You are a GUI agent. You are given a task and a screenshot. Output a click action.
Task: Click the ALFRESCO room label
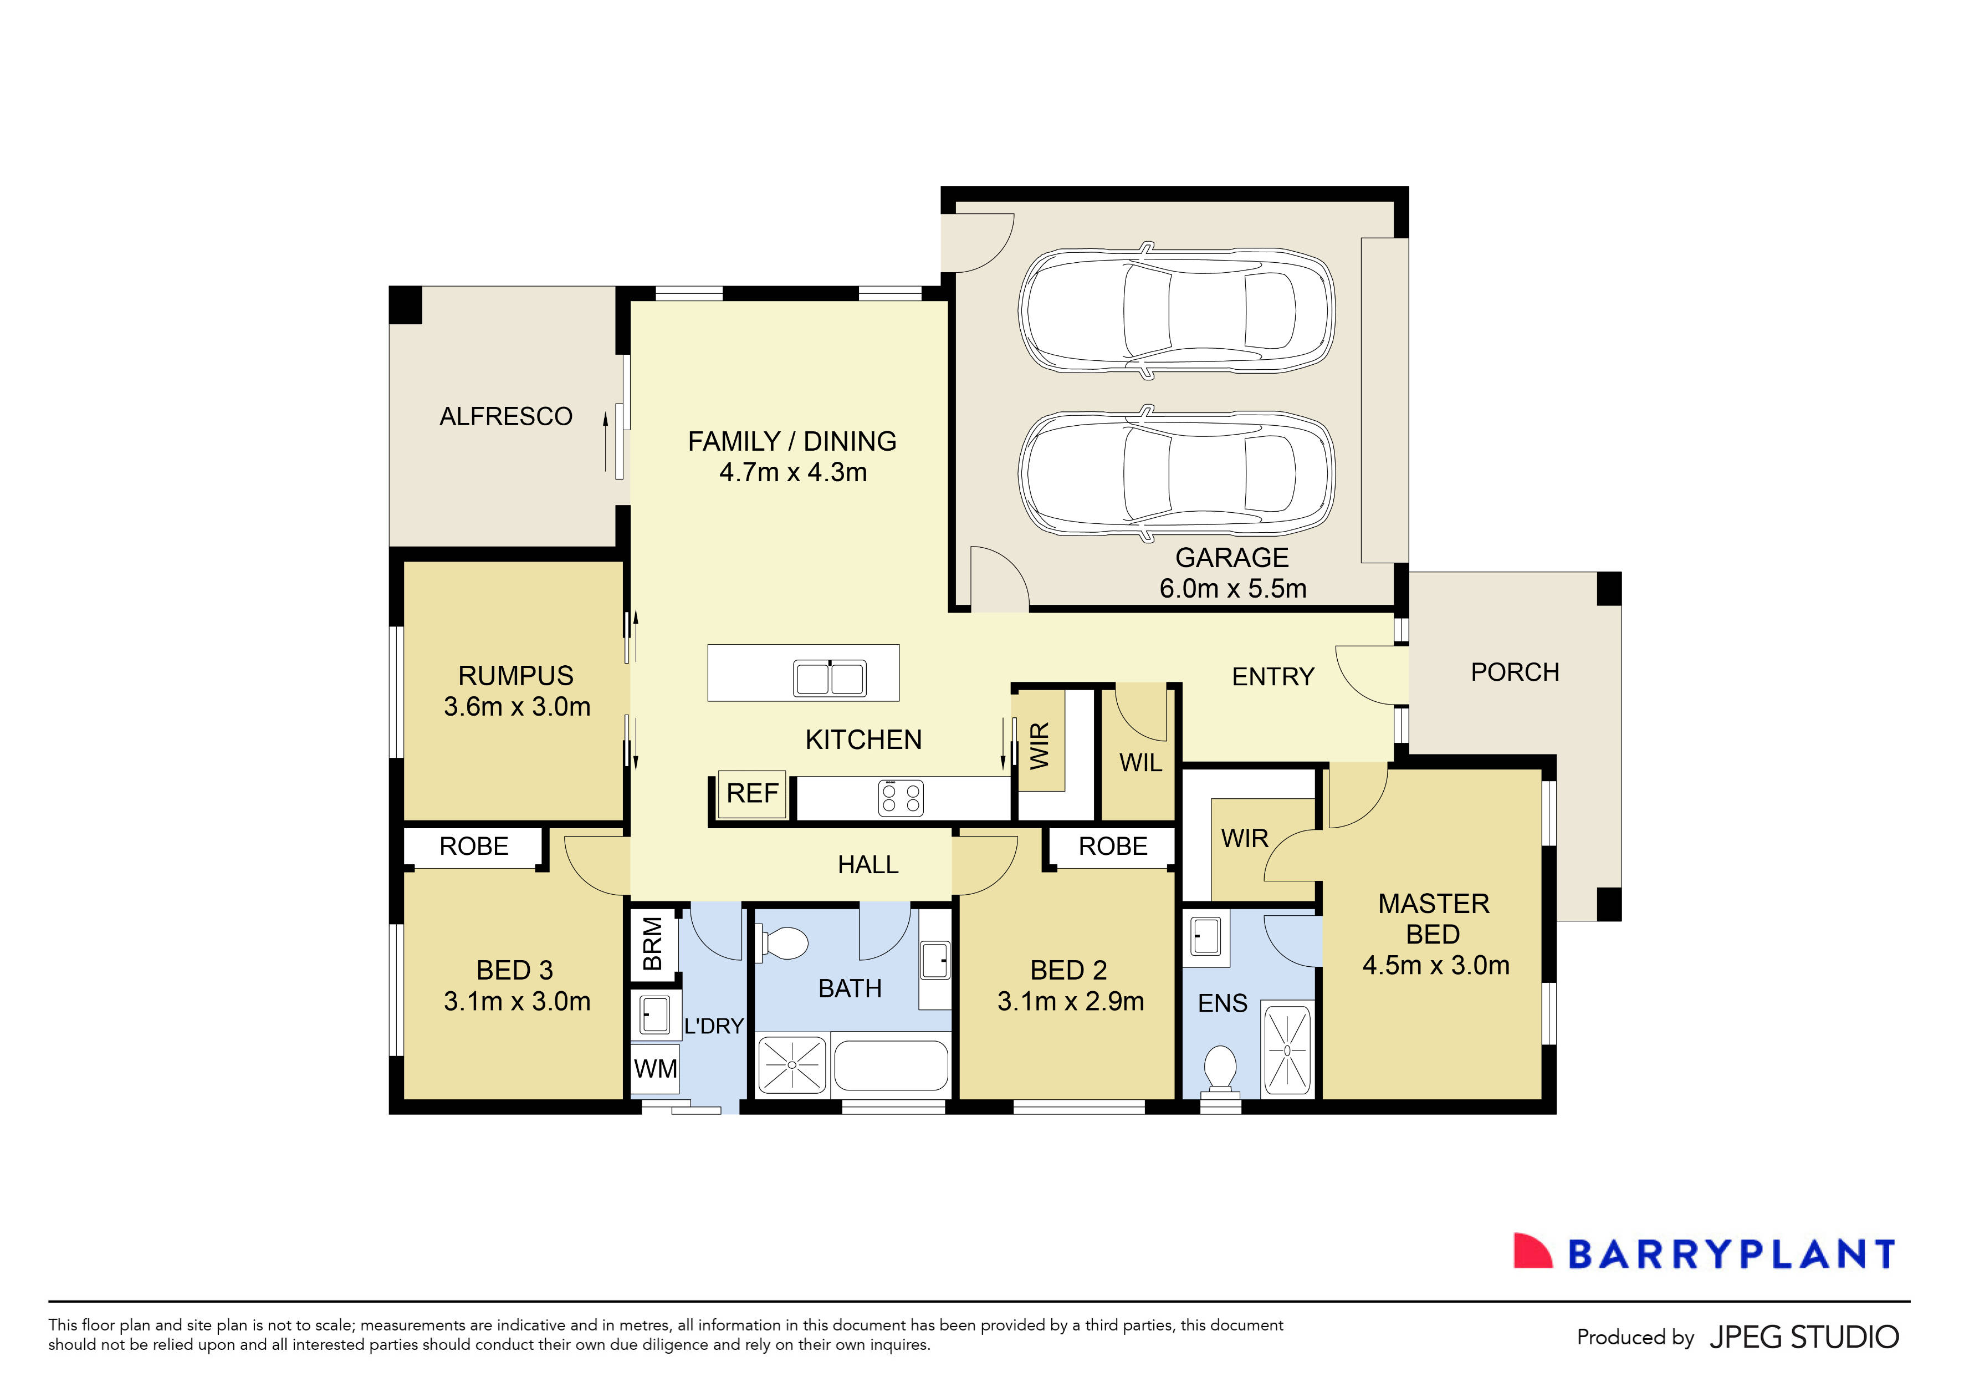coord(505,417)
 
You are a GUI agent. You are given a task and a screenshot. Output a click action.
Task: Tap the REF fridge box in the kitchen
coord(753,793)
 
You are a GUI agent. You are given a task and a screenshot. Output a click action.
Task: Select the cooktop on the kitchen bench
coord(901,798)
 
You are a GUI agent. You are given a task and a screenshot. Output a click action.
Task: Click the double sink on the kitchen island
coord(830,677)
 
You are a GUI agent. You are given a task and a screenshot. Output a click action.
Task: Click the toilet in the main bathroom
coord(782,944)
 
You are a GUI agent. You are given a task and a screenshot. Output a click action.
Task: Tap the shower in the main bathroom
coord(792,1064)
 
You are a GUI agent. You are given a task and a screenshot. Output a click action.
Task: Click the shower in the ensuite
coord(1287,1050)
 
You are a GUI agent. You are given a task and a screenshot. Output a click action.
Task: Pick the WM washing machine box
coord(655,1069)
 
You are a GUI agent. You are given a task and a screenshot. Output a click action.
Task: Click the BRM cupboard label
coord(653,944)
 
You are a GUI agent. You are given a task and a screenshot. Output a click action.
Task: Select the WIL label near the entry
coord(1140,762)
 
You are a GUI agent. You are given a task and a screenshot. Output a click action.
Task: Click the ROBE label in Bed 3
coord(474,847)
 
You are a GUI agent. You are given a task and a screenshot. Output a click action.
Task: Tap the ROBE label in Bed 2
coord(1113,847)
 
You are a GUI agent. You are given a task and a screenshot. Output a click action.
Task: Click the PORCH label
coord(1515,672)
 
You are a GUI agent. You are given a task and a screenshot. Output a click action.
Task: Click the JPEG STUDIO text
coord(1804,1337)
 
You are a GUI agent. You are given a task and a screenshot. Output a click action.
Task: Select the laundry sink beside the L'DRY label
coord(654,1015)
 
